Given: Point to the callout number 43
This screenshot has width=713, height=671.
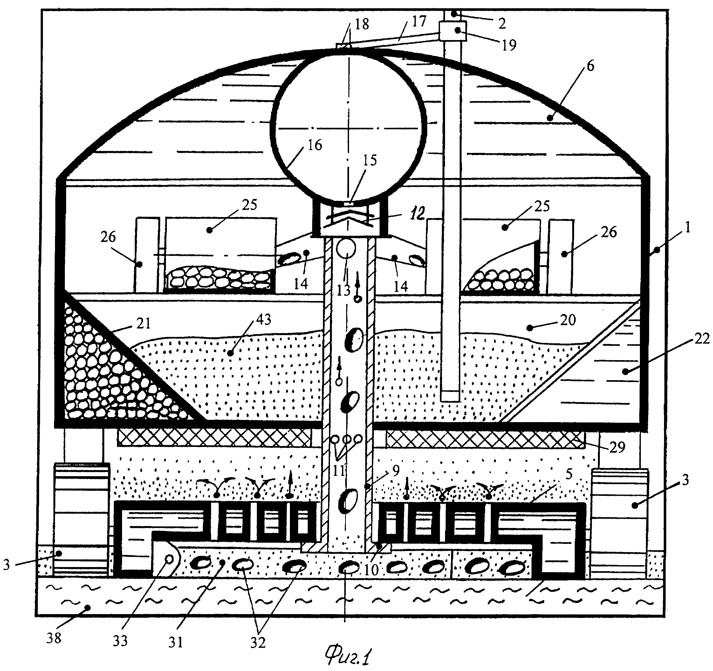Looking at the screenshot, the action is [264, 319].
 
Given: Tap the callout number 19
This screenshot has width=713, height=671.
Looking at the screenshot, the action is [509, 45].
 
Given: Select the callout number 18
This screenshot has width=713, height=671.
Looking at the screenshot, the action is [361, 24].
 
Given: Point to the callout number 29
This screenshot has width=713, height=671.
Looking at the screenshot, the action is [617, 447].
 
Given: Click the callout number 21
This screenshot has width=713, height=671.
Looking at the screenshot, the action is [143, 324].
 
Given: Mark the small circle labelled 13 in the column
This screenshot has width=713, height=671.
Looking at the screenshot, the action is [346, 248].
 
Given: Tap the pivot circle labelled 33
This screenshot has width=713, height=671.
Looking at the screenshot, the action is [168, 559].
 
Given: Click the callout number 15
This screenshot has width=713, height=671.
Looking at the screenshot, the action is [370, 160].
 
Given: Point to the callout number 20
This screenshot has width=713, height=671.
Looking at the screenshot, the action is [568, 319].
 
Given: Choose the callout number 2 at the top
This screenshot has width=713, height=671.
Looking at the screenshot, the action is [502, 23].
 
